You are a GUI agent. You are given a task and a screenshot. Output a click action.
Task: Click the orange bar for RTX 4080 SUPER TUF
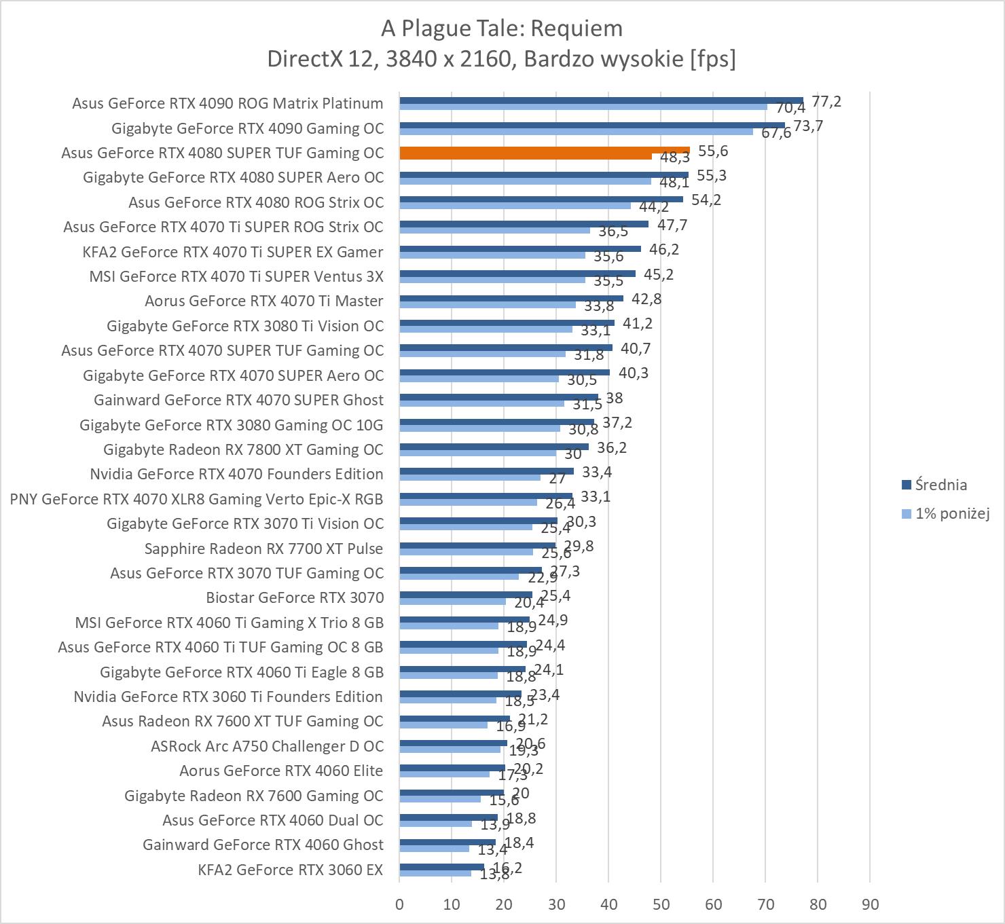pyautogui.click(x=543, y=151)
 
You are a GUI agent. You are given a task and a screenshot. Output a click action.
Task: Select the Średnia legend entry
pyautogui.click(x=940, y=485)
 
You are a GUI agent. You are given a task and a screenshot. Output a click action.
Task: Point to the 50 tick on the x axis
pyautogui.click(x=661, y=904)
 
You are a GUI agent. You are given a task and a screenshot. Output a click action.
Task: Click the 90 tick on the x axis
pyautogui.click(x=870, y=904)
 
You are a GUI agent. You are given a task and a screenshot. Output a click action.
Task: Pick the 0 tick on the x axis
pyautogui.click(x=399, y=904)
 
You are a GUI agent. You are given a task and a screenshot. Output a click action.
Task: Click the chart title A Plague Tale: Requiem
pyautogui.click(x=501, y=29)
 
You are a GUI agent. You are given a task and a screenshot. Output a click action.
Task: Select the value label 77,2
pyautogui.click(x=826, y=102)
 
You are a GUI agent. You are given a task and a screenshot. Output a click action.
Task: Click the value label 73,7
pyautogui.click(x=808, y=126)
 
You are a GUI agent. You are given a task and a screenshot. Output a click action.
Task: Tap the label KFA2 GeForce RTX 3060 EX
pyautogui.click(x=291, y=870)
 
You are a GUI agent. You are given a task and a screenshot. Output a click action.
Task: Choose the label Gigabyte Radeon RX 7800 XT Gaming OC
pyautogui.click(x=243, y=449)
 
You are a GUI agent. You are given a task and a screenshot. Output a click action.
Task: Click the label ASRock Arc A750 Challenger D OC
pyautogui.click(x=267, y=746)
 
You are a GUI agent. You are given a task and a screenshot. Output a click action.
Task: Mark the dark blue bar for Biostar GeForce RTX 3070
pyautogui.click(x=466, y=595)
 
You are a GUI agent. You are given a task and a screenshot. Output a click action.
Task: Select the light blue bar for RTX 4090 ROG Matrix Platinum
pyautogui.click(x=583, y=107)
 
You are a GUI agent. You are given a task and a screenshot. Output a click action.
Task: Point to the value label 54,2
pyautogui.click(x=706, y=200)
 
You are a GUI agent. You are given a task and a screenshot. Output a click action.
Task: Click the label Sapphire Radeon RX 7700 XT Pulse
pyautogui.click(x=263, y=549)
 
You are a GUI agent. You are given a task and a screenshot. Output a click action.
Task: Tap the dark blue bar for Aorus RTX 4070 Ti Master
pyautogui.click(x=511, y=298)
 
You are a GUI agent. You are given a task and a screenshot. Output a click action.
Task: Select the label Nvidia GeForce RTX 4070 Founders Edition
pyautogui.click(x=236, y=474)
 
